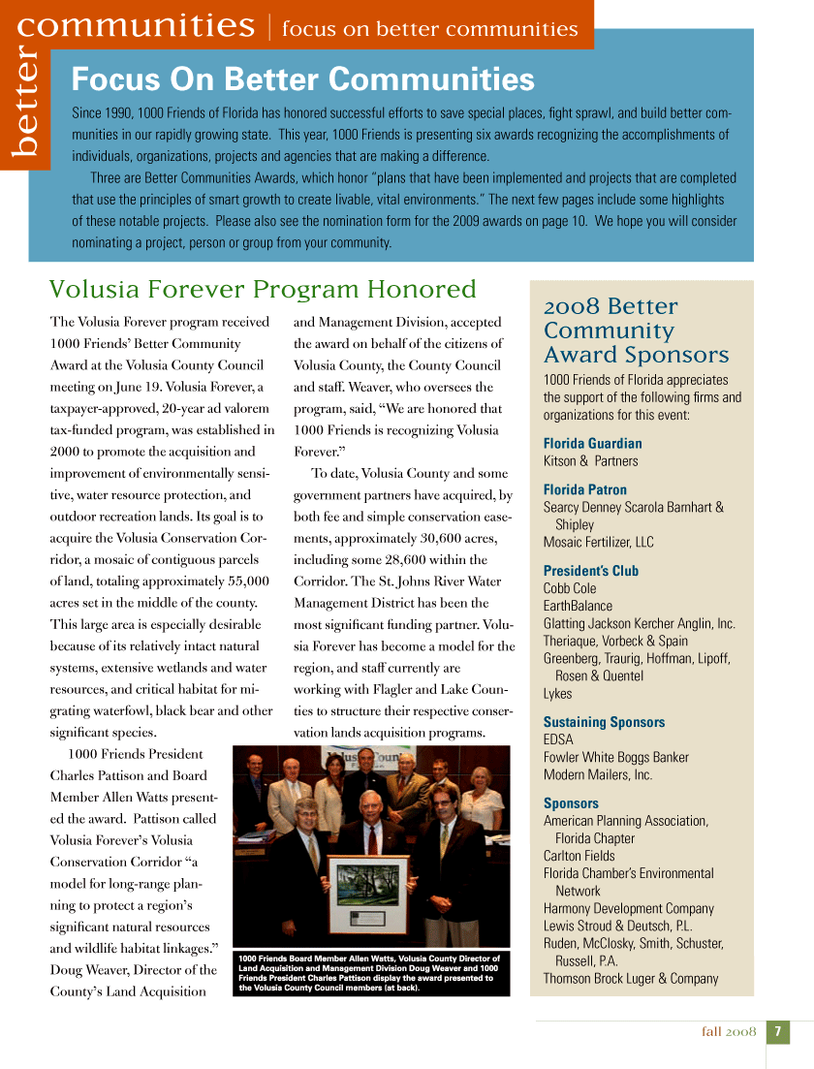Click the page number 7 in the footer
pyautogui.click(x=777, y=1032)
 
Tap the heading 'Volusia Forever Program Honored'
pyautogui.click(x=263, y=290)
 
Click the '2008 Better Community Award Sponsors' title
pyautogui.click(x=636, y=330)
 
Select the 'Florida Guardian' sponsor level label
pyautogui.click(x=592, y=443)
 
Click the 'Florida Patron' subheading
pyautogui.click(x=584, y=489)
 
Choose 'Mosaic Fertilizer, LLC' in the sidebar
pyautogui.click(x=598, y=542)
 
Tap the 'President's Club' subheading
pyautogui.click(x=590, y=571)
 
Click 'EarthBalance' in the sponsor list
pyautogui.click(x=578, y=606)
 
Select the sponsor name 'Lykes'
pyautogui.click(x=557, y=693)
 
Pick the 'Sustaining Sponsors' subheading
pyautogui.click(x=604, y=722)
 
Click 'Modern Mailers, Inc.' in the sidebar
pyautogui.click(x=598, y=774)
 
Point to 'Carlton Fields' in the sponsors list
pyautogui.click(x=579, y=856)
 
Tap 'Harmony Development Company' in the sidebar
pyautogui.click(x=628, y=908)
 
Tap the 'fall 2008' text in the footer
pyautogui.click(x=728, y=1032)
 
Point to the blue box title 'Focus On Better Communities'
pyautogui.click(x=303, y=79)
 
